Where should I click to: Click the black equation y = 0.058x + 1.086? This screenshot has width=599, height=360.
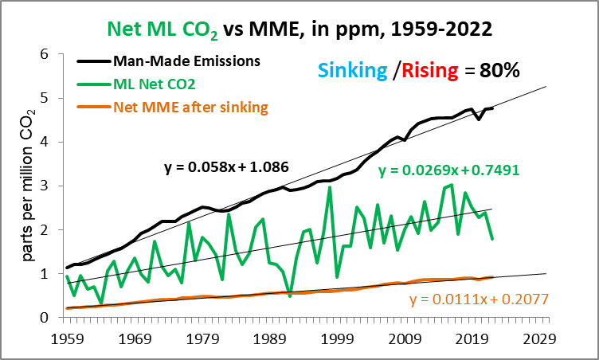[x=226, y=168]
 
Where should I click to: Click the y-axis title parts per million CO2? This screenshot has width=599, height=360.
[x=25, y=186]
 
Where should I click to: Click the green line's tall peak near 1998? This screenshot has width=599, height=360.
[x=330, y=188]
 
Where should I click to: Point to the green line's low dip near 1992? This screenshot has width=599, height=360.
[x=290, y=295]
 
